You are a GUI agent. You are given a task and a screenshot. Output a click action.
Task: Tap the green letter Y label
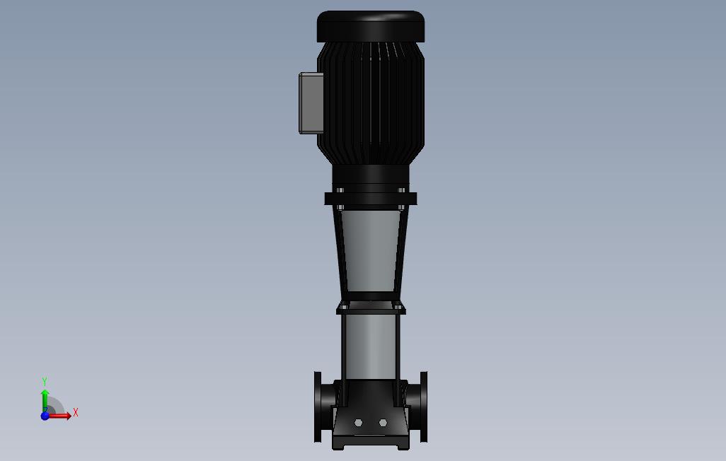[x=45, y=382]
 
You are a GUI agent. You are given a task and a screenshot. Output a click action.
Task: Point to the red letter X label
[x=76, y=412]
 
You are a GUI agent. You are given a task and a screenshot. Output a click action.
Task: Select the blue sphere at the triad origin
[x=45, y=416]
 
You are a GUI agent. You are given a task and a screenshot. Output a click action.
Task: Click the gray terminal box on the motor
[x=311, y=103]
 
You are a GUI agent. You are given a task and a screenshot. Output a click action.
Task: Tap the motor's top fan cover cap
[x=370, y=25]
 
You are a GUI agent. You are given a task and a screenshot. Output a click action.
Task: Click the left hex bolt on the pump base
[x=358, y=423]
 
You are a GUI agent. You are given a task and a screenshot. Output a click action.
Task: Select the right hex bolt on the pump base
[x=383, y=423]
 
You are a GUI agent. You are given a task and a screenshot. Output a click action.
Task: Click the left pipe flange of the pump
[x=318, y=407]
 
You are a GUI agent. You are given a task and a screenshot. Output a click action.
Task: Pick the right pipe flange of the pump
[x=423, y=407]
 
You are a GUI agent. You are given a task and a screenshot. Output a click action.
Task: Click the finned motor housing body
[x=370, y=103]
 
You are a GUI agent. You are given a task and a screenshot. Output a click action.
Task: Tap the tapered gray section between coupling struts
[x=370, y=251]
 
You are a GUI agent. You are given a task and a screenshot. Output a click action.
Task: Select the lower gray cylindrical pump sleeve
[x=370, y=346]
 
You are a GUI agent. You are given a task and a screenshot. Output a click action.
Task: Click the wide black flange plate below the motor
[x=370, y=199]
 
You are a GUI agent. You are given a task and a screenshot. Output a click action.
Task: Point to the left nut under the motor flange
[x=340, y=207]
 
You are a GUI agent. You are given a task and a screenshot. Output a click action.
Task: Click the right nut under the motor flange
[x=401, y=207]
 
